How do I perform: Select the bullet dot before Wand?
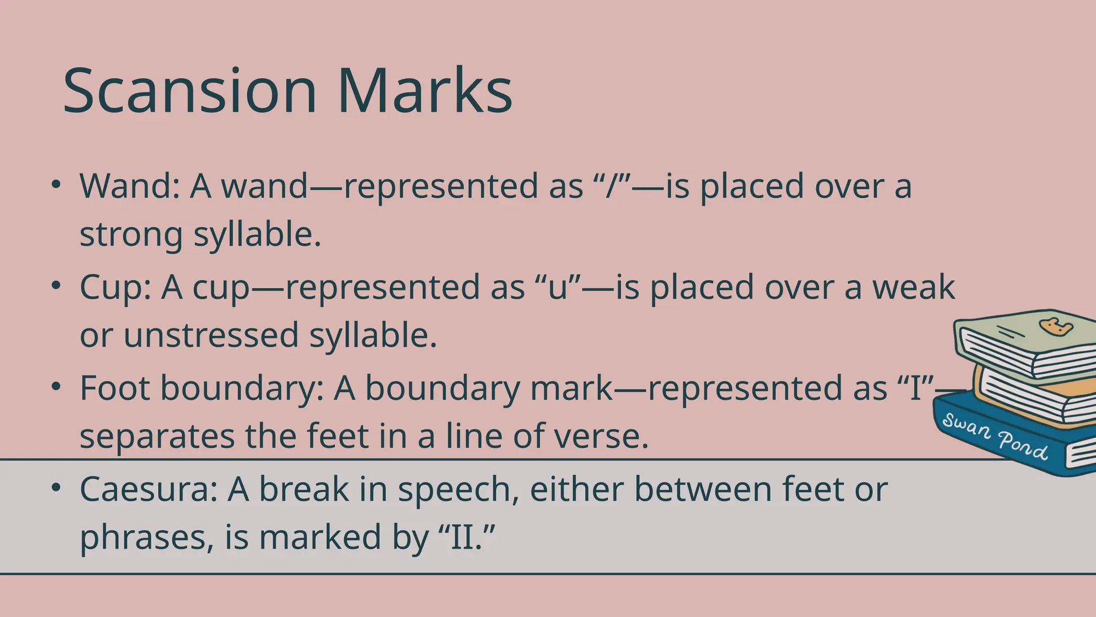point(56,184)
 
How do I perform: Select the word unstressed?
point(210,336)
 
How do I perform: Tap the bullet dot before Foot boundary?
point(56,387)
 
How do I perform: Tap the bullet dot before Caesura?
point(56,487)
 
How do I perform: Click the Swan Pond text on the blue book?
point(994,437)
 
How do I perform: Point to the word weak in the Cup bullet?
point(914,287)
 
